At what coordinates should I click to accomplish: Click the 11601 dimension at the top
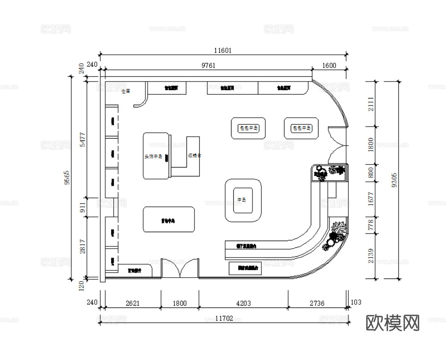point(223,50)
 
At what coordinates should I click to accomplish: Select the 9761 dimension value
point(208,65)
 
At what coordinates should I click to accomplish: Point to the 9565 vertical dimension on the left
point(66,177)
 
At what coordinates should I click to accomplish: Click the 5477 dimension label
point(82,139)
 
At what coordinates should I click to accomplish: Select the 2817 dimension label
point(82,247)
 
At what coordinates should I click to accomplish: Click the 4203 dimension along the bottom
point(243,303)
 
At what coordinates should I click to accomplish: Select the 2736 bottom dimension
point(317,303)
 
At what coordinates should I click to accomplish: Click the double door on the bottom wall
point(180,269)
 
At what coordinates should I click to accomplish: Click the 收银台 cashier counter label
point(194,155)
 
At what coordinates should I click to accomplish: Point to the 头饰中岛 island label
point(153,157)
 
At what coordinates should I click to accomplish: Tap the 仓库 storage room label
point(125,91)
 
